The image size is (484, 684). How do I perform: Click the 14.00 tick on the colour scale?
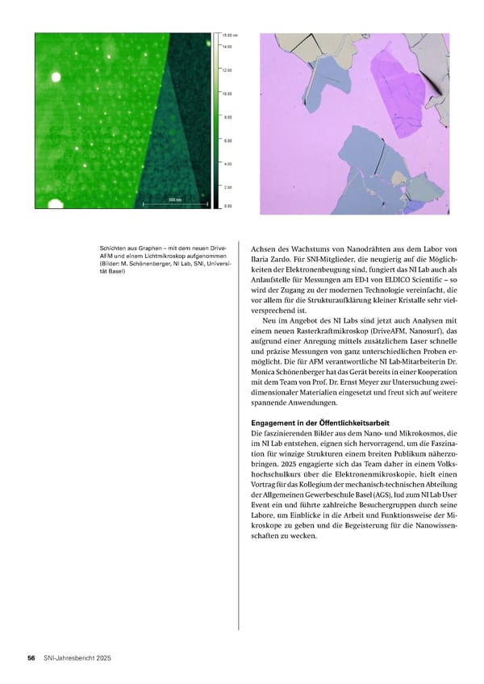coord(227,47)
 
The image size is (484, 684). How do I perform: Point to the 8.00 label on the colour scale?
coord(227,117)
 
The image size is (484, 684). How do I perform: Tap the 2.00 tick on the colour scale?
coord(227,187)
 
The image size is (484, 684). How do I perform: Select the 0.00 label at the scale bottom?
coord(227,206)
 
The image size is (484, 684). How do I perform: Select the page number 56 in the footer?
coord(31,659)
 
